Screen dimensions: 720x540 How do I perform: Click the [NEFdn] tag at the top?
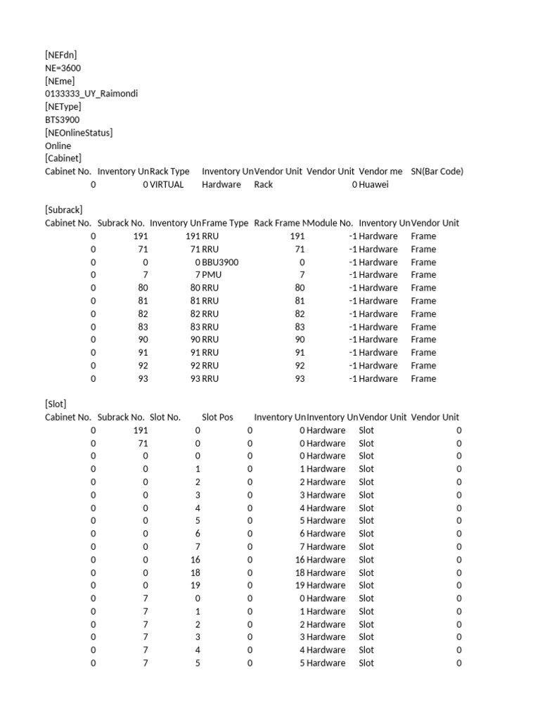pyautogui.click(x=61, y=55)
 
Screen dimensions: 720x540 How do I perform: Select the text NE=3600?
pyautogui.click(x=63, y=67)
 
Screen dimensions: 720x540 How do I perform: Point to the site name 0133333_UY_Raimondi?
pyautogui.click(x=91, y=94)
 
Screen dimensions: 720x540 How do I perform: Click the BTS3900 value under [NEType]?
pyautogui.click(x=63, y=120)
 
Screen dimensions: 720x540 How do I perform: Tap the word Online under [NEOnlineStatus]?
pyautogui.click(x=58, y=146)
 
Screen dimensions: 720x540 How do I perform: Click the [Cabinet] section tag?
pyautogui.click(x=63, y=158)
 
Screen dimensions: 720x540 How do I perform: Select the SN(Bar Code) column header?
pyautogui.click(x=437, y=171)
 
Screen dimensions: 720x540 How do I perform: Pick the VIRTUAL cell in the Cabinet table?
pyautogui.click(x=167, y=184)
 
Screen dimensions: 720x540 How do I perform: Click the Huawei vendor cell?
pyautogui.click(x=373, y=184)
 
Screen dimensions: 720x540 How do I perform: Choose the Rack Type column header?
pyautogui.click(x=169, y=171)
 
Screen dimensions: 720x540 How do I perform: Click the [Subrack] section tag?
pyautogui.click(x=64, y=210)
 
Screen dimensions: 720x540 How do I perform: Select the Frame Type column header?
pyautogui.click(x=225, y=223)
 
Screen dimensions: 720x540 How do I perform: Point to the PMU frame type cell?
pyautogui.click(x=210, y=275)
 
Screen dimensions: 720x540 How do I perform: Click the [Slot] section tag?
pyautogui.click(x=56, y=404)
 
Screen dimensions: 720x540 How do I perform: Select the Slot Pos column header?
pyautogui.click(x=217, y=417)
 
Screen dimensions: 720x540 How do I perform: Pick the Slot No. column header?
pyautogui.click(x=165, y=417)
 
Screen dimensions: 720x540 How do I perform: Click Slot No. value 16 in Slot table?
pyautogui.click(x=195, y=560)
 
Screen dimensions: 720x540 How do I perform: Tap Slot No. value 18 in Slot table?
pyautogui.click(x=195, y=572)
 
